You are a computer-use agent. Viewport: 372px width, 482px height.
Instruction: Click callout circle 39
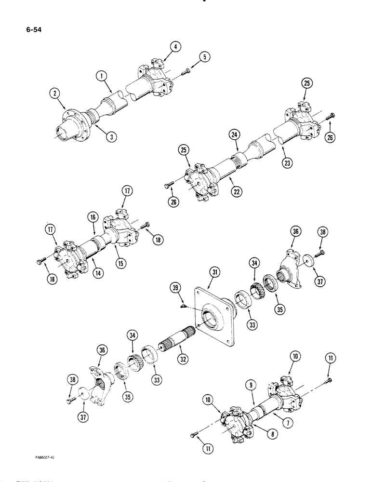(x=176, y=288)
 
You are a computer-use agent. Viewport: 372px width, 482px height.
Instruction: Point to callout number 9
(x=254, y=385)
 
